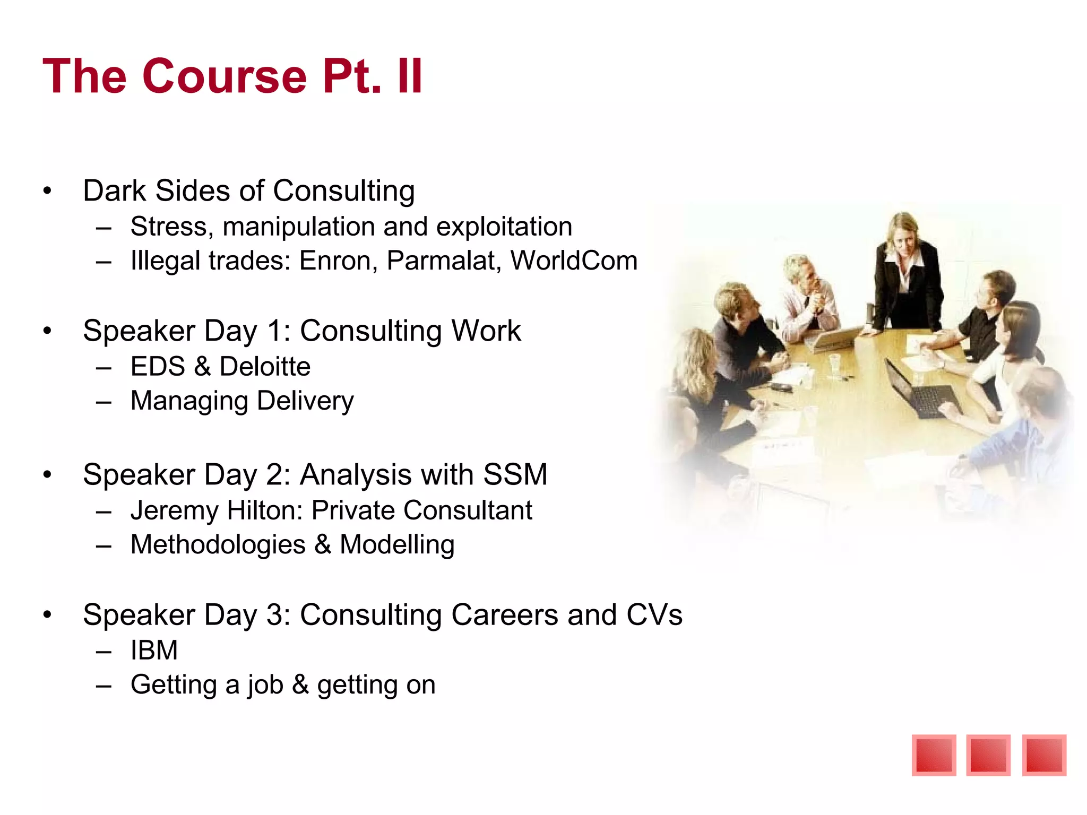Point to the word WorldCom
pos(574,261)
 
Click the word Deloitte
pos(265,367)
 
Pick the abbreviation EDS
pos(158,367)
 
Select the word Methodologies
pos(218,545)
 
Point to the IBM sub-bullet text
pos(154,651)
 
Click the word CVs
pos(654,615)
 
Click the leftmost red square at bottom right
pos(934,755)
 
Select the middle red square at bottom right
pos(988,755)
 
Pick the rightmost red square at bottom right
pos(1044,755)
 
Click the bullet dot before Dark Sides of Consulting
pos(48,191)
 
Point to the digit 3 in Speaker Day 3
pos(275,615)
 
